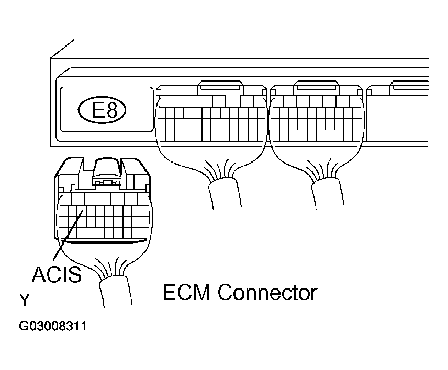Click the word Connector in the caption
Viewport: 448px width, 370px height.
pyautogui.click(x=267, y=292)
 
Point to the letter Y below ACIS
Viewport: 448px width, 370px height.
pyautogui.click(x=24, y=300)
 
